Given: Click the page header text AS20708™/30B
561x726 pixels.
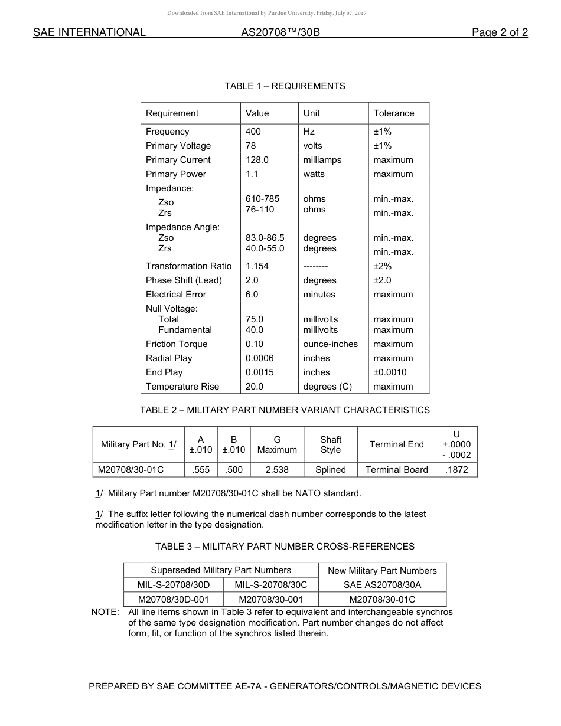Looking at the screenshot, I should (280, 33).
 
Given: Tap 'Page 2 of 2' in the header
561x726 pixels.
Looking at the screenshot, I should (500, 33).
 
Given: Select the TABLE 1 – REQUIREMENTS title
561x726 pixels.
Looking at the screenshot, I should (285, 86).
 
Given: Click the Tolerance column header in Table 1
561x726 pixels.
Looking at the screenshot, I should (393, 113).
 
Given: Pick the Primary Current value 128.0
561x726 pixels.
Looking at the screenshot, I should (257, 160).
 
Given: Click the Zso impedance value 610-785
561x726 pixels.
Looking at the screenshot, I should (262, 199).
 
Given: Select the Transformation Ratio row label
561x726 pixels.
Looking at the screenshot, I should (188, 266).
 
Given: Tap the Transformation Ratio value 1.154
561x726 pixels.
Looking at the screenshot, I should (257, 266).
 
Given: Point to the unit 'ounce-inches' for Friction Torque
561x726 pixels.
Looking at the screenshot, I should (330, 344).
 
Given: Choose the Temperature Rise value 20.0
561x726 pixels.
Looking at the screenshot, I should (255, 387).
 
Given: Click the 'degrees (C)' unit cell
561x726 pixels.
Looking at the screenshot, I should (327, 387).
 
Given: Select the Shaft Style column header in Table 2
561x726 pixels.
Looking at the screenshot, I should (331, 444).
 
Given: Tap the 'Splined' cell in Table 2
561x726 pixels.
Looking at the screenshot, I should (331, 470).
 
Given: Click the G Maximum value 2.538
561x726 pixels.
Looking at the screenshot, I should (277, 470).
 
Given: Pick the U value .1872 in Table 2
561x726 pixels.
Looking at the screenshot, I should (456, 470).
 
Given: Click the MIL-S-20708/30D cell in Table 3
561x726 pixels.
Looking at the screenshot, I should (174, 585).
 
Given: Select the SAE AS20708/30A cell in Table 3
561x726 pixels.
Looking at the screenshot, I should (382, 585).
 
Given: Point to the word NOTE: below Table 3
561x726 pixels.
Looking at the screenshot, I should (105, 612).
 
